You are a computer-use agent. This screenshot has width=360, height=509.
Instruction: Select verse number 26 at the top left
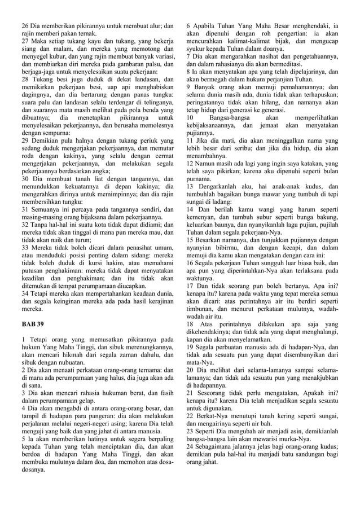pyautogui.click(x=25, y=26)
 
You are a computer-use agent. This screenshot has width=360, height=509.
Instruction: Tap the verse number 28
pyautogui.click(x=25, y=80)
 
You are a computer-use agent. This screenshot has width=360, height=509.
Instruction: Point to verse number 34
pyautogui.click(x=25, y=293)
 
